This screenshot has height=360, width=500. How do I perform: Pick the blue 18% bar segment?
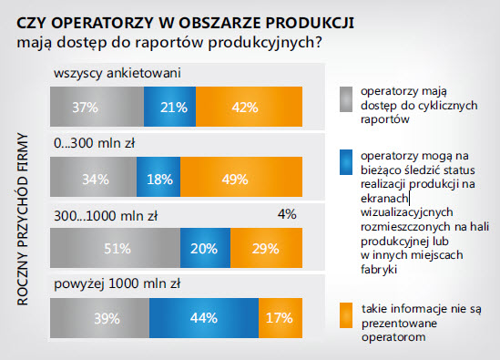(x=160, y=179)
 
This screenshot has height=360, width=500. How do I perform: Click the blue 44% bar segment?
(x=202, y=318)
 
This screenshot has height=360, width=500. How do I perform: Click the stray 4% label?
(x=287, y=215)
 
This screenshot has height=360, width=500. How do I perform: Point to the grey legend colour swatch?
(x=345, y=97)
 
